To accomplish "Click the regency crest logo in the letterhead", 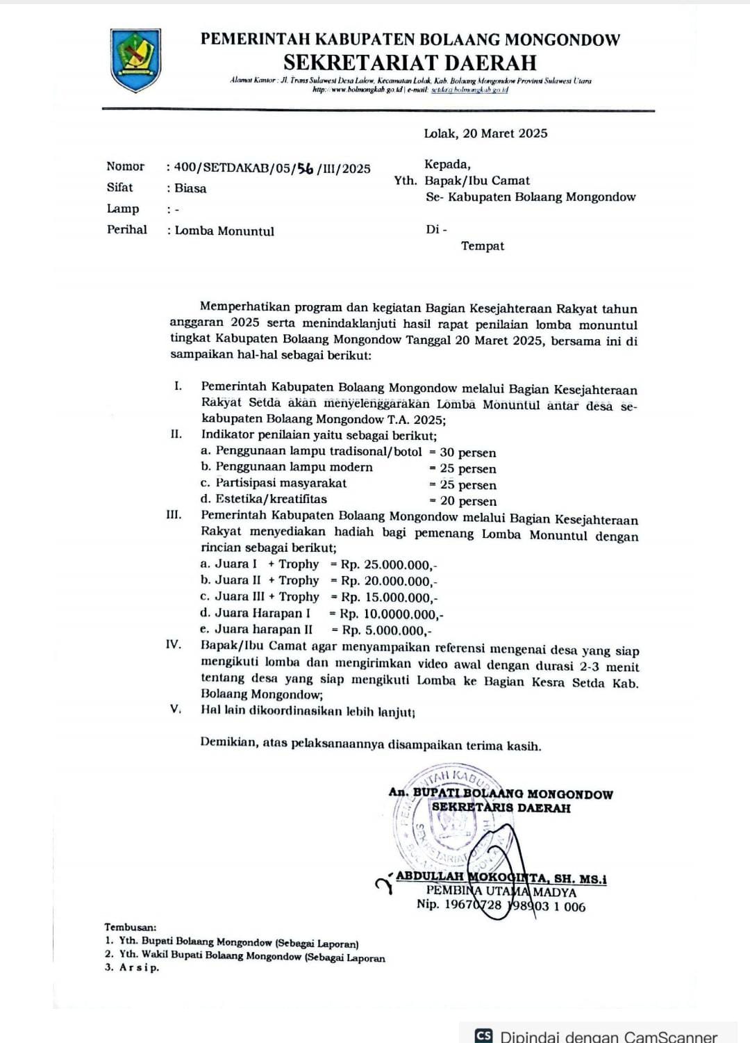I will pos(136,60).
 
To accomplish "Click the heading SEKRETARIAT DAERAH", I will pos(410,63).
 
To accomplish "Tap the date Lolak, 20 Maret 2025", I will pos(485,133).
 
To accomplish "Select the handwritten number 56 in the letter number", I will pos(305,168).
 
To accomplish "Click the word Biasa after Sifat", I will pos(190,188).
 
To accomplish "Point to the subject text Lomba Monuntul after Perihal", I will pos(224,231).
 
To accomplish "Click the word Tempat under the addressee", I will pos(483,246).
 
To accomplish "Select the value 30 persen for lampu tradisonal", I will pos(467,452).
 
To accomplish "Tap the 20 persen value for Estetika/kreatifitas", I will pos(468,501).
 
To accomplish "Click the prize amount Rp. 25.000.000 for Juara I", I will pos(388,565).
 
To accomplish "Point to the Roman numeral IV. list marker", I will pos(174,644).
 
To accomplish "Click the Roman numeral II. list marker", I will pos(176,434).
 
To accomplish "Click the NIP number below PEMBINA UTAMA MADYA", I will pos(501,906).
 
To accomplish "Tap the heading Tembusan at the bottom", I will pos(131,927).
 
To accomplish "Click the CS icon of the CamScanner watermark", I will pos(484,1035).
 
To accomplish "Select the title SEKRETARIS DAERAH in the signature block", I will pos(501,808).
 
